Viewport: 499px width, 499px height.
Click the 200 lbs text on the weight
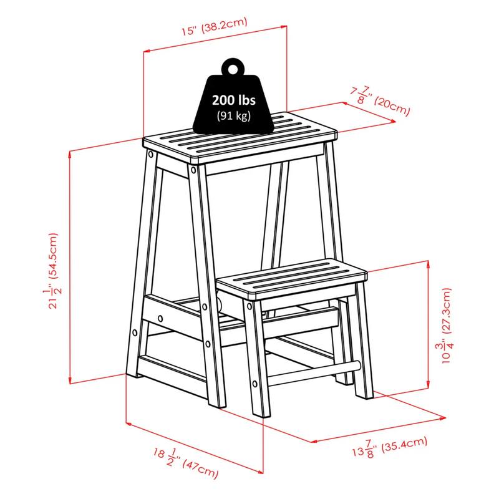click(233, 100)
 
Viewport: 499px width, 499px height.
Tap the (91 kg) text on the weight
click(233, 115)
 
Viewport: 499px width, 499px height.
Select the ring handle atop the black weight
click(233, 66)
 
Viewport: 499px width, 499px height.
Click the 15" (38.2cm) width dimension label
click(214, 26)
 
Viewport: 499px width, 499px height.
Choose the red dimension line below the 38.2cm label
click(215, 39)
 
